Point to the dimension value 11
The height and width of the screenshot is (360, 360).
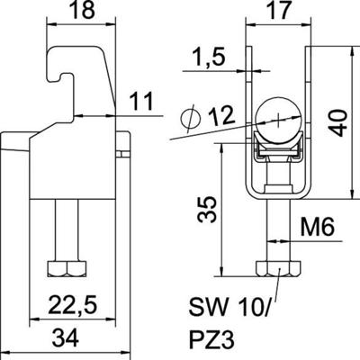pos(136,102)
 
